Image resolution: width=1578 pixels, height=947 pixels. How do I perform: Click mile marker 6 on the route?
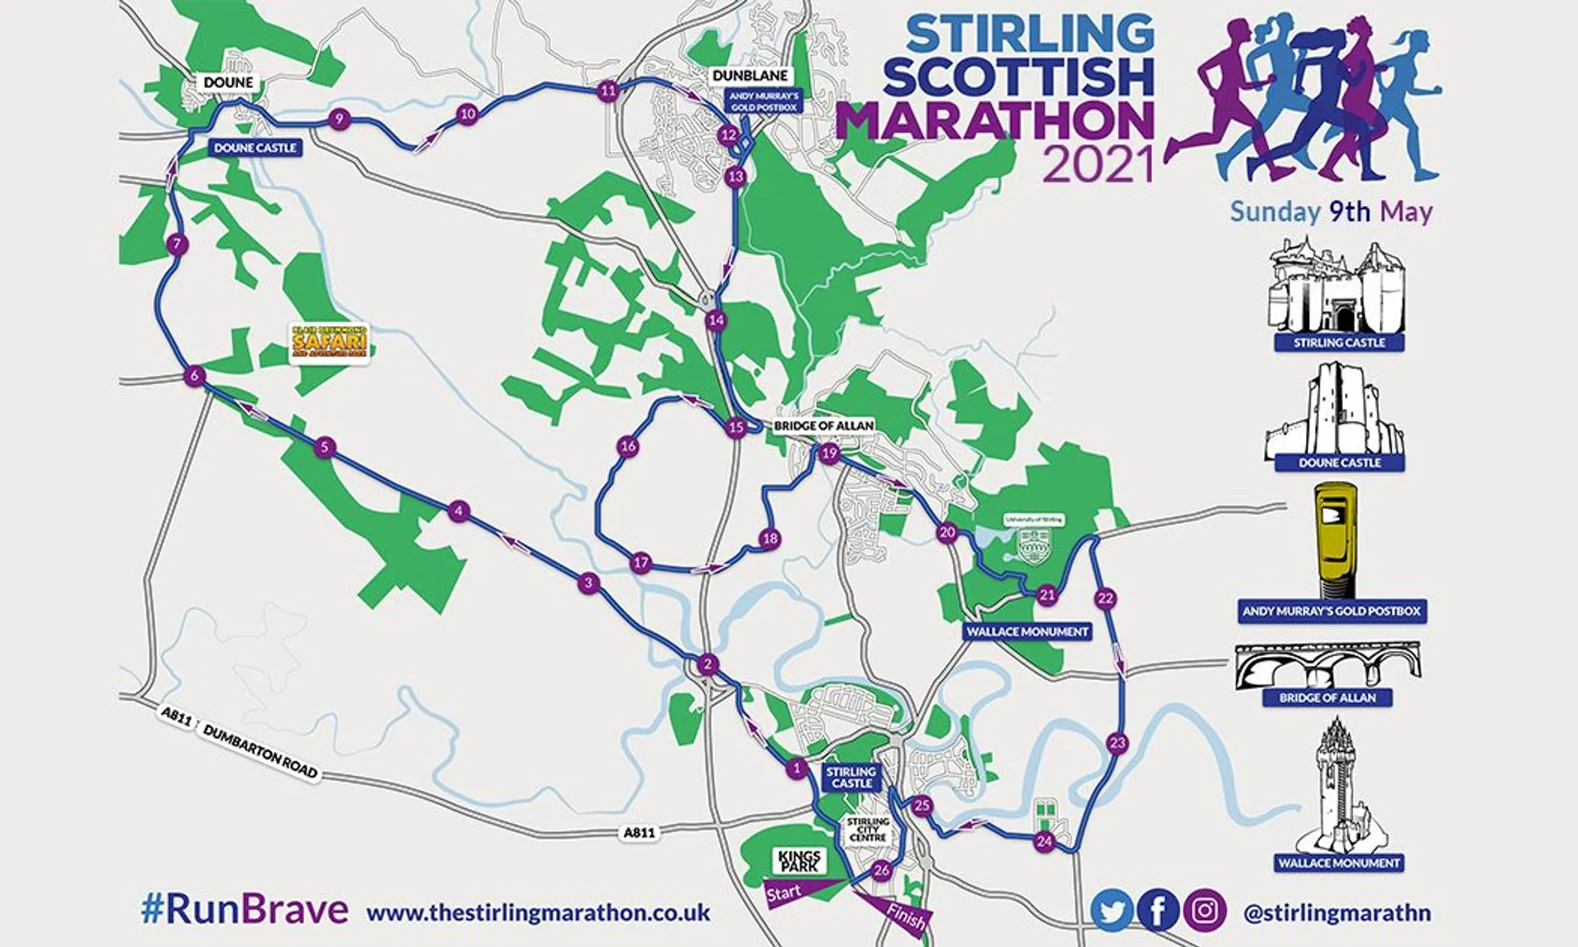pyautogui.click(x=194, y=376)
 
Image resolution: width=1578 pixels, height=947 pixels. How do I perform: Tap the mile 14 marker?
pyautogui.click(x=716, y=320)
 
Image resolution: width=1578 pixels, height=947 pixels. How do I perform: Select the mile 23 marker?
pyautogui.click(x=1117, y=743)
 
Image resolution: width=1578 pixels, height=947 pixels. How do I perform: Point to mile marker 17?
pyautogui.click(x=640, y=563)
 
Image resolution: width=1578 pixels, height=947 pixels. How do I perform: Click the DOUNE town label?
pyautogui.click(x=228, y=82)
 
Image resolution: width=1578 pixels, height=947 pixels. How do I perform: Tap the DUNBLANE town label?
pyautogui.click(x=750, y=76)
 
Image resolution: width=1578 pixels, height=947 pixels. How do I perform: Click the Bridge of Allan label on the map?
pyautogui.click(x=823, y=426)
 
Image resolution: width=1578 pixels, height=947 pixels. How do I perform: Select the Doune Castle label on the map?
pyautogui.click(x=255, y=148)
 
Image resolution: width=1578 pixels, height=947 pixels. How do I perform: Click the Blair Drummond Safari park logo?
pyautogui.click(x=330, y=344)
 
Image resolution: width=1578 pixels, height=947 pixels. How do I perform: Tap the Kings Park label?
pyautogui.click(x=798, y=861)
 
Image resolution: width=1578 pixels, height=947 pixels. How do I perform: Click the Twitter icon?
pyautogui.click(x=1111, y=911)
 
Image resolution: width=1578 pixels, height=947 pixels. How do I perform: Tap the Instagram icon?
pyautogui.click(x=1205, y=911)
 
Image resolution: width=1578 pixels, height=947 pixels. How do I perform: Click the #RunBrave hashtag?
pyautogui.click(x=244, y=910)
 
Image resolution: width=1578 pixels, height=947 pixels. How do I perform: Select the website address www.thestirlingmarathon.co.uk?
pyautogui.click(x=538, y=912)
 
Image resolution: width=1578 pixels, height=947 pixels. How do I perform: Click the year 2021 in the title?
pyautogui.click(x=1098, y=164)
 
